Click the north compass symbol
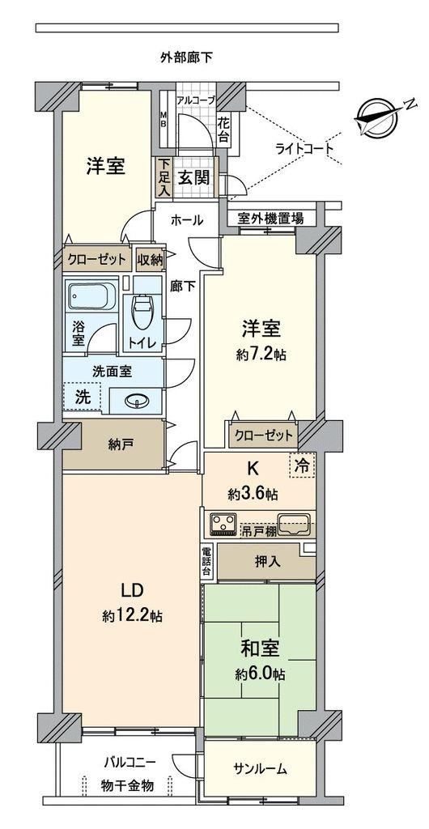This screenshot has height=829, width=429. [378, 117]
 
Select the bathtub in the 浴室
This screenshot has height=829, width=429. [92, 296]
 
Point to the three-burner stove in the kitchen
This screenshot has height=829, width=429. [223, 524]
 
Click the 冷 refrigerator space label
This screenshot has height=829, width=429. [302, 466]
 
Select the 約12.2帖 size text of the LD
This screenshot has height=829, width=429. [132, 616]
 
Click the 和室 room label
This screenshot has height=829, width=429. [260, 648]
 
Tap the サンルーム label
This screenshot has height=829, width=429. [260, 769]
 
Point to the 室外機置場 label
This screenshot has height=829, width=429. [270, 218]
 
